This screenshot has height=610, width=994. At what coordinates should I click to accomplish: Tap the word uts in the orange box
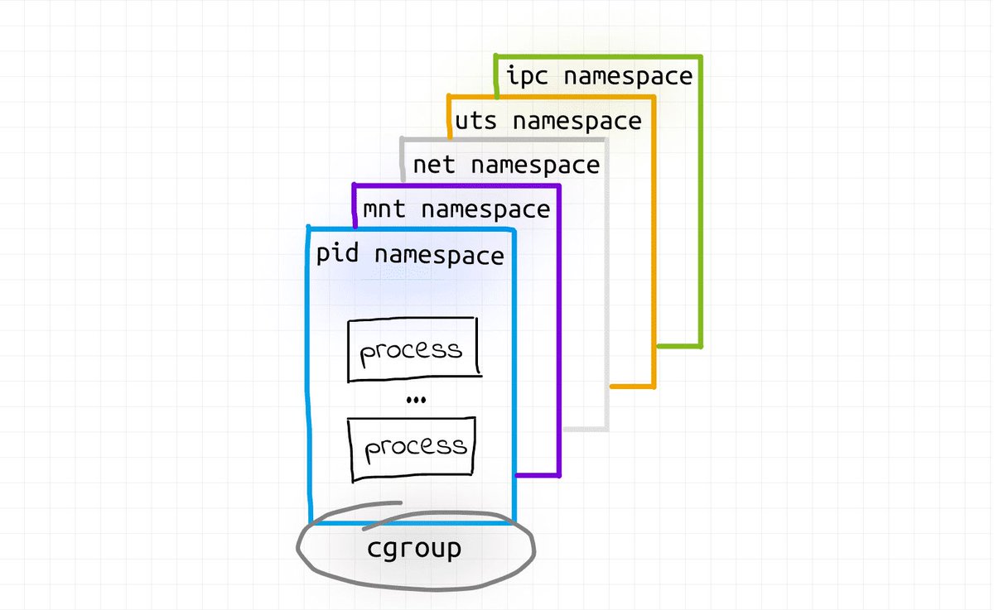point(476,121)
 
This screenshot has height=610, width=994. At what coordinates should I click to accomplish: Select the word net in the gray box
point(434,165)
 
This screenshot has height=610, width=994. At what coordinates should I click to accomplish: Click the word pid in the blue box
point(337,254)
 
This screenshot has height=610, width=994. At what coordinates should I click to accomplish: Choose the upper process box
point(413,349)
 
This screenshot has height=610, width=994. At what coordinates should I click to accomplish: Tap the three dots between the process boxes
point(416,401)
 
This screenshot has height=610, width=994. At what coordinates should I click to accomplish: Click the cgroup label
point(414,549)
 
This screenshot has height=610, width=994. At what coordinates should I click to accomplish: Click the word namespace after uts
point(577,121)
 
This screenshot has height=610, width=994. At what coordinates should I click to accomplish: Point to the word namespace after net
point(534,165)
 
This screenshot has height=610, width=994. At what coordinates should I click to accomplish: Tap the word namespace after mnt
point(485,209)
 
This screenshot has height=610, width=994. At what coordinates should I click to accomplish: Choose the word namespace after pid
point(439,254)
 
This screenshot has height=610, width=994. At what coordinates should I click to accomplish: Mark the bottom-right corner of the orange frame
point(654,386)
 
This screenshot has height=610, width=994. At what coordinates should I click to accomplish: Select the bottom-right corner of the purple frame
point(560,476)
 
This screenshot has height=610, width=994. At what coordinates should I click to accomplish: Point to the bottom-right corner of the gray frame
point(607,429)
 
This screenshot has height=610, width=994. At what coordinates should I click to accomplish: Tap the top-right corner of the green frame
point(701,57)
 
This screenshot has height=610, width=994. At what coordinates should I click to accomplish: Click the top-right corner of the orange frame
point(654,97)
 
